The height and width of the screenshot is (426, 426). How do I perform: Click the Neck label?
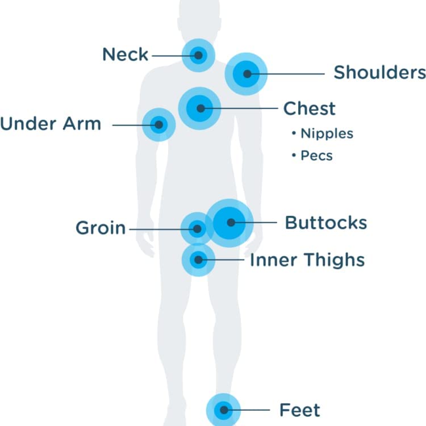(x=125, y=55)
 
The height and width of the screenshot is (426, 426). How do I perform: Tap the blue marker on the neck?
(x=198, y=55)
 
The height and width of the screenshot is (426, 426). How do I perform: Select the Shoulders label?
(x=379, y=73)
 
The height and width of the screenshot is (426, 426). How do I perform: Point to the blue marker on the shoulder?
(x=247, y=73)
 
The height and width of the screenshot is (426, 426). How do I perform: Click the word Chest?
(x=310, y=108)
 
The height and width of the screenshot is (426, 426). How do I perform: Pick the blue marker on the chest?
(x=199, y=108)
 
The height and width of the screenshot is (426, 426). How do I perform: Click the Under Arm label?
(x=51, y=124)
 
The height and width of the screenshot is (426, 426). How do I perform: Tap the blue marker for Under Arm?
(x=158, y=124)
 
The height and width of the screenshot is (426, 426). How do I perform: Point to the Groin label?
(x=101, y=228)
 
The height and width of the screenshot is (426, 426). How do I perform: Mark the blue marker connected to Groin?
(x=197, y=228)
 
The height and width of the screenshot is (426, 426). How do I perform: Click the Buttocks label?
(x=326, y=222)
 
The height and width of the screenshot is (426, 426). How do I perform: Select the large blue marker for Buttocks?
(x=230, y=223)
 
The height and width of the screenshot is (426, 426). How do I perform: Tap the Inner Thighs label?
(x=307, y=260)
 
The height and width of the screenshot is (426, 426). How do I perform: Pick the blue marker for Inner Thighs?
(x=198, y=260)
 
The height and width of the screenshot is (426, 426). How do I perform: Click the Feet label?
(x=300, y=410)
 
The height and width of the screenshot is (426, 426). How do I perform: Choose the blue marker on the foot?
(x=223, y=410)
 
